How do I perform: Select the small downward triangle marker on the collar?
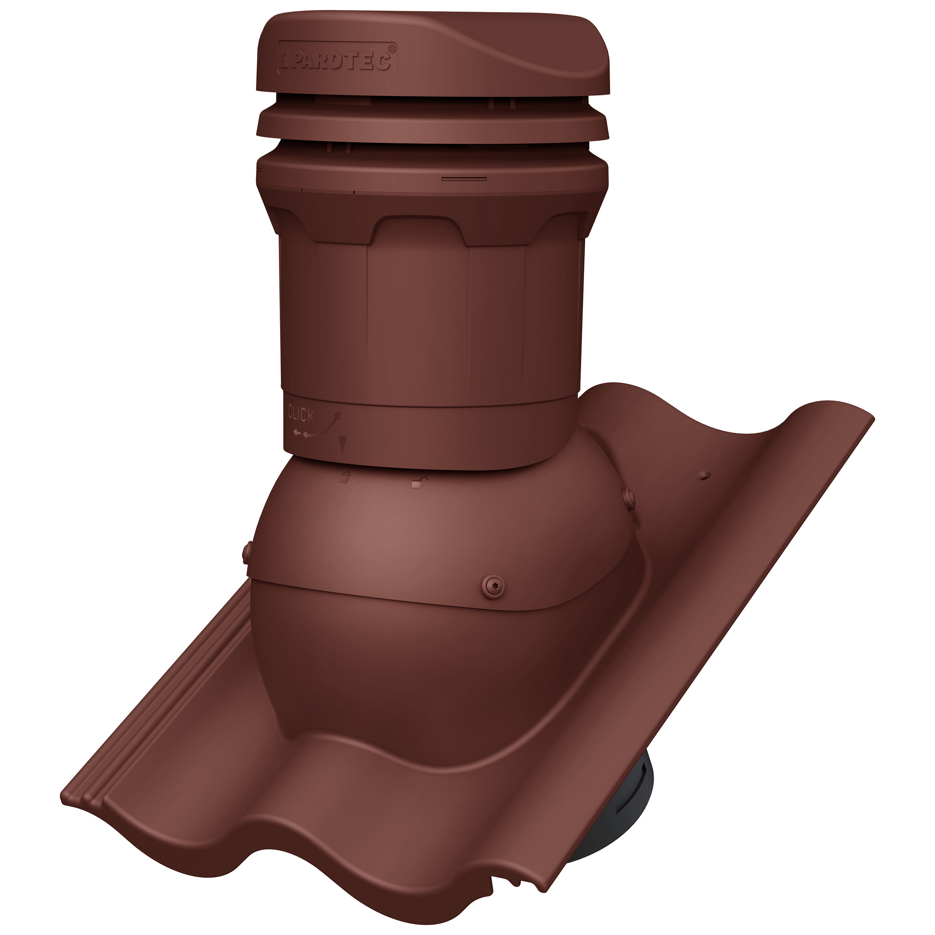pos(343,443)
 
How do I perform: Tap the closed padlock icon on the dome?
pos(344,478)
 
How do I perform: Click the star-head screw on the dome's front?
pos(493,585)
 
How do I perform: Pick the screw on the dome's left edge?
pos(246,552)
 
